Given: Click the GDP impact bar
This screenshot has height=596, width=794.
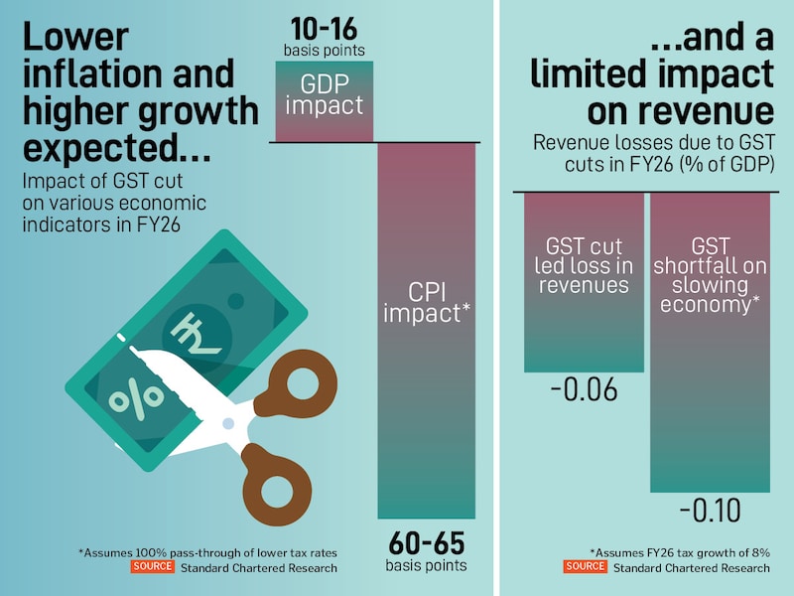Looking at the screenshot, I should coord(324,100).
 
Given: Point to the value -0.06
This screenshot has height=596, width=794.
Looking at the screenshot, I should coord(584,390).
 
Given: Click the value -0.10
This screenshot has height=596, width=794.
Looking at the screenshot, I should coord(710,512).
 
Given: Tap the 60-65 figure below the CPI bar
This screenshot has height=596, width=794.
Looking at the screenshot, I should coord(426,543).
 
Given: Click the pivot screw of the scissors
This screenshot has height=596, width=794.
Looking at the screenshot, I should coord(227,423).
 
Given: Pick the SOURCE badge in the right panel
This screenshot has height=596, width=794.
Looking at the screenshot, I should coord(585,567).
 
